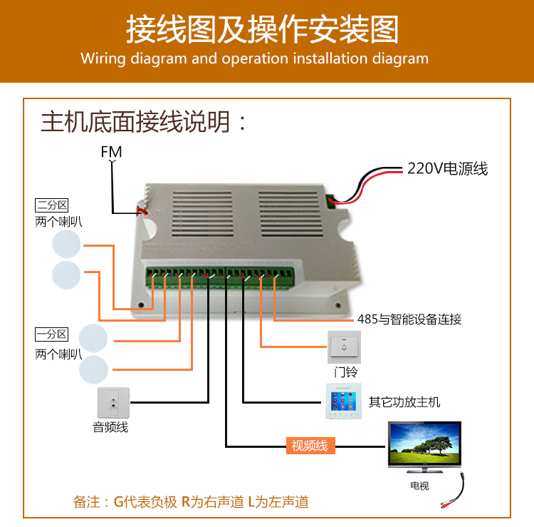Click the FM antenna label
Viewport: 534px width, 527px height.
(x=111, y=151)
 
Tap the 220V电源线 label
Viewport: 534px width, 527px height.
(x=447, y=169)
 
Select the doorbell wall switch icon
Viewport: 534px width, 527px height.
(x=344, y=347)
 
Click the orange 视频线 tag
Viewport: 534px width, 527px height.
(x=310, y=446)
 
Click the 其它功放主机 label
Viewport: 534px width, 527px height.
(x=404, y=402)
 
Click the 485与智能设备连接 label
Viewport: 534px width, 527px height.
(x=409, y=319)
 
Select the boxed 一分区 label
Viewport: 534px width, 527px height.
(x=52, y=334)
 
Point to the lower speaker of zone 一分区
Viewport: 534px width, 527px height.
(x=93, y=370)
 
